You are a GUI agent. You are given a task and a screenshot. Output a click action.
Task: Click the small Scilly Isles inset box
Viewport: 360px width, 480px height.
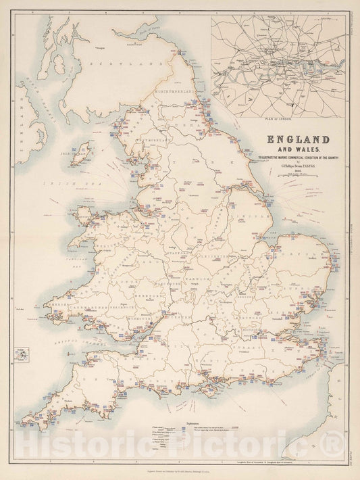[24, 354]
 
